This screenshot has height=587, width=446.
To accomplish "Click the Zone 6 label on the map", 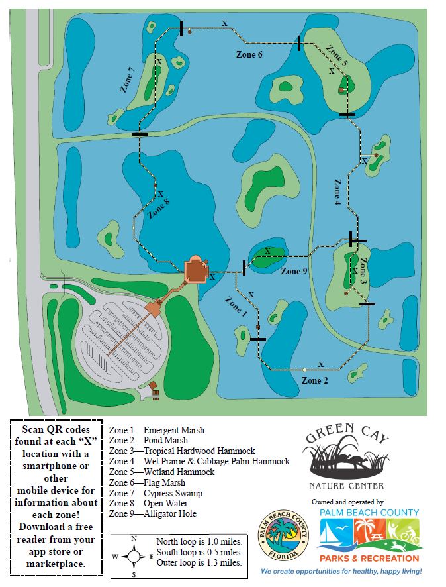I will tap(249, 54).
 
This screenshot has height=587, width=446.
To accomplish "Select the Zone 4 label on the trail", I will tap(337, 191).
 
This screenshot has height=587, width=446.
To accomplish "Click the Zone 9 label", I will tap(294, 271).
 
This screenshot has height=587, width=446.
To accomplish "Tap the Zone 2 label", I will tap(315, 380).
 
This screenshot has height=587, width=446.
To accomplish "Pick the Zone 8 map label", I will tap(159, 207).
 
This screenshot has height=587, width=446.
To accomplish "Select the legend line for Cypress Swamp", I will tap(156, 493).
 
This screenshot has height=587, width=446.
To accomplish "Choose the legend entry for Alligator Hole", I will tap(153, 513).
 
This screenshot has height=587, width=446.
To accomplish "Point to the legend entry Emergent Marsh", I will tap(157, 430).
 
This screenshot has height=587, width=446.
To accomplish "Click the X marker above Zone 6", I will tap(225, 23).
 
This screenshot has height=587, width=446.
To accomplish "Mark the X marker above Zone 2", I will tap(321, 364).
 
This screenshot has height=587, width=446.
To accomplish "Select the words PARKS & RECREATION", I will tap(369, 559).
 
